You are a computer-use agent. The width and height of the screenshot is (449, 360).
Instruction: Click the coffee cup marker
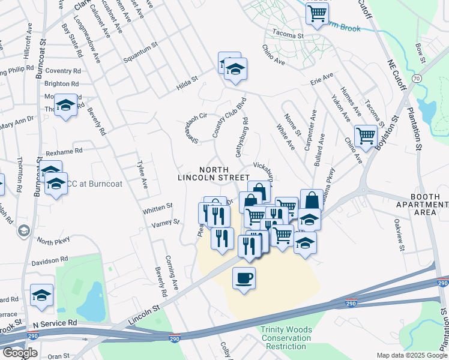point(244,278)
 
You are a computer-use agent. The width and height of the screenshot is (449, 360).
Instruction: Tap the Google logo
point(20,353)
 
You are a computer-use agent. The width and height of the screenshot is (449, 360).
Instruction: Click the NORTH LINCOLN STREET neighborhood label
point(213,173)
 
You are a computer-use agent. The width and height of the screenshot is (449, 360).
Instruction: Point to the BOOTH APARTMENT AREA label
point(429,205)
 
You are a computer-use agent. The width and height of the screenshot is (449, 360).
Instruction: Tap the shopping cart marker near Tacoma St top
point(317,13)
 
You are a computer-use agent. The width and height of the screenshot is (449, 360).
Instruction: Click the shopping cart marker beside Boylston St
point(365,136)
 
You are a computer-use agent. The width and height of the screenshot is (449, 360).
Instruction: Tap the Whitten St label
point(157,208)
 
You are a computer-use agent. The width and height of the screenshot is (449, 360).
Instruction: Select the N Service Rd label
point(55,323)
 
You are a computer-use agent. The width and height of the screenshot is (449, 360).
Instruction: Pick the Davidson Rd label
point(50,262)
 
